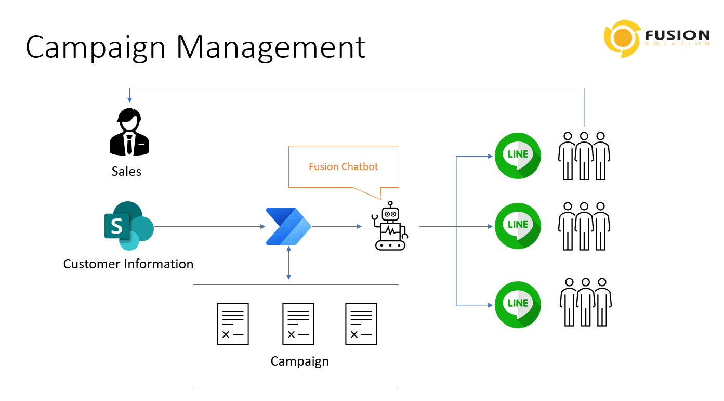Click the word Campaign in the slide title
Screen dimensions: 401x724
(96, 48)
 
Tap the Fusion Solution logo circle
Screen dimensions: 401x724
(622, 38)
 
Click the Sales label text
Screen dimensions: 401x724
(126, 172)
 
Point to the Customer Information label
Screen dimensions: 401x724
(128, 264)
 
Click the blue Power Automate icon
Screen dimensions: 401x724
(288, 226)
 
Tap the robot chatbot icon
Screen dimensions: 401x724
(390, 227)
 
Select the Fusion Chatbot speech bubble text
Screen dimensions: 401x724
(344, 167)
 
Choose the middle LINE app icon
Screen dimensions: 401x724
(518, 226)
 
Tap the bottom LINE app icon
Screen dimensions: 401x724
(518, 304)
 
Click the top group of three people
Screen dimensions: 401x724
(584, 156)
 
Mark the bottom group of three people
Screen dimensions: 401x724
(586, 302)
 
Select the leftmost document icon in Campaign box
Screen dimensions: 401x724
(232, 324)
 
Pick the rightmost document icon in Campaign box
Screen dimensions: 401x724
(361, 324)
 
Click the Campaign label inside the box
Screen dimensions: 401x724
(300, 361)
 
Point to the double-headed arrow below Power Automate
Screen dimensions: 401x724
(288, 263)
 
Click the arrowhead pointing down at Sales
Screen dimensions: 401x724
(129, 99)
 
